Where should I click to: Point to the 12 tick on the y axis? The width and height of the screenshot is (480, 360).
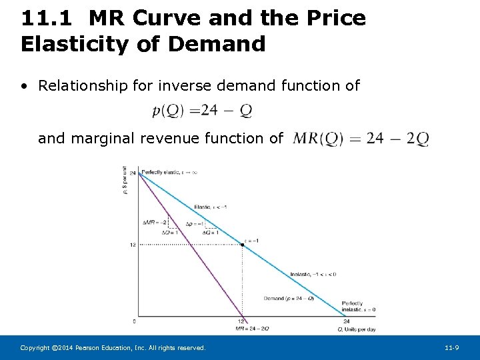(x=132, y=245)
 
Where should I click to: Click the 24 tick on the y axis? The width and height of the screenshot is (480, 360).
(x=132, y=173)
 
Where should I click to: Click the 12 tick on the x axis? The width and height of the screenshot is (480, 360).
(x=241, y=322)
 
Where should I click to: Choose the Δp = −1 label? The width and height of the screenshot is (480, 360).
(x=196, y=224)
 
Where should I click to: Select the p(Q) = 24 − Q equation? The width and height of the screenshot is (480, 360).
(x=202, y=111)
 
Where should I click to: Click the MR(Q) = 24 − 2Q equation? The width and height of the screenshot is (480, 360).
(x=361, y=139)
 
